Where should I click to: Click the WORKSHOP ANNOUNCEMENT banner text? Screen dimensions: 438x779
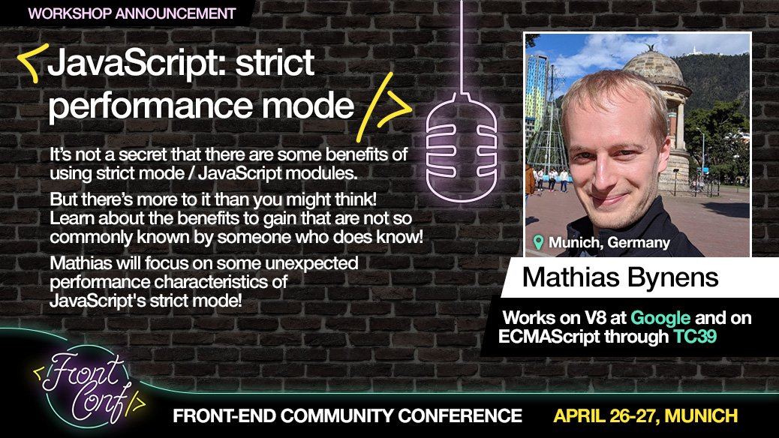pos(131,13)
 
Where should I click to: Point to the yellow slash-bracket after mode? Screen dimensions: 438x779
pos(387,107)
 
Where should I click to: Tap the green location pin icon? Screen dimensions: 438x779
pos(537,242)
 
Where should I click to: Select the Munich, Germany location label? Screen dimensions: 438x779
pos(609,243)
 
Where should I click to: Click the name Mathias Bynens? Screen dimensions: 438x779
pos(620,277)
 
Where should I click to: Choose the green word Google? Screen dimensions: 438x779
pos(660,318)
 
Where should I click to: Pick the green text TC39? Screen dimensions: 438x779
pos(694,337)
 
